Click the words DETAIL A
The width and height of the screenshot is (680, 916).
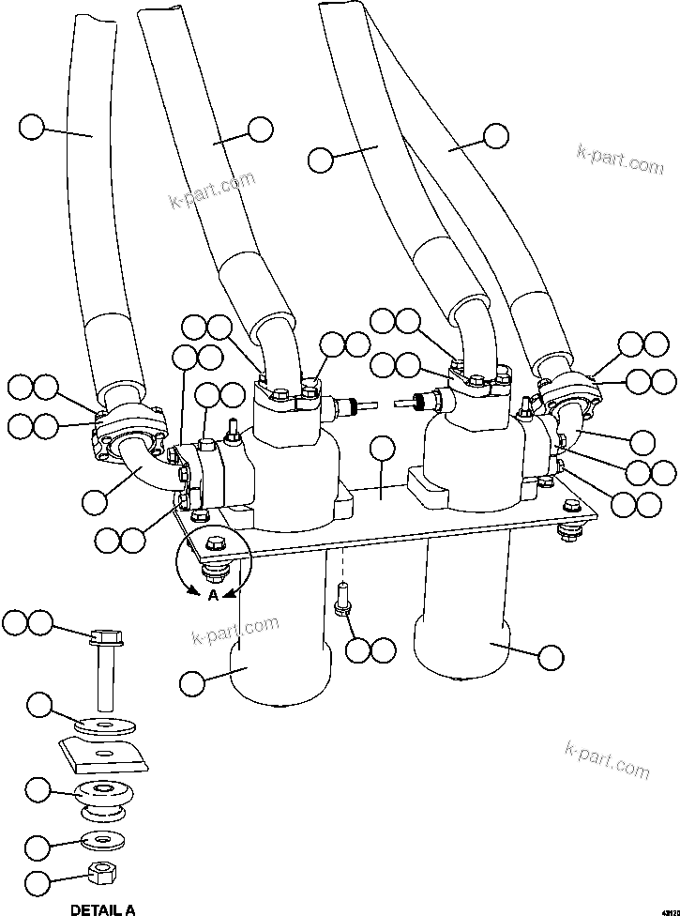(102, 908)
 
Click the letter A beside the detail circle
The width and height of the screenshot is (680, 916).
(213, 595)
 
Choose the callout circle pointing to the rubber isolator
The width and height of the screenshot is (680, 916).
(38, 790)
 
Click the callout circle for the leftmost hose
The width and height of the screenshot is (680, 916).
(32, 127)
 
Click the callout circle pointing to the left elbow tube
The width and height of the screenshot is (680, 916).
(94, 502)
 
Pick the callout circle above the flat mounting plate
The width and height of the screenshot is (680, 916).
(381, 450)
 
